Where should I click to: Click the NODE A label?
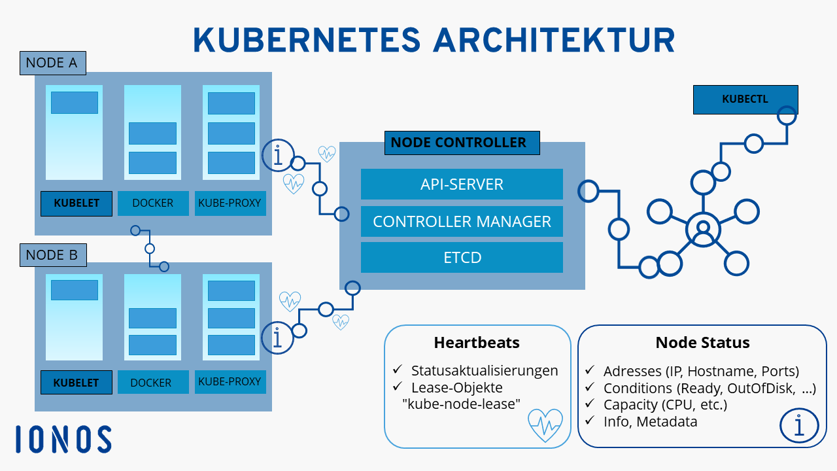(x=53, y=63)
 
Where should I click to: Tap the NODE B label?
(x=53, y=255)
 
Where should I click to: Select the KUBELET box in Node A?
(x=77, y=203)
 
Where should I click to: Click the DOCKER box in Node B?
(x=153, y=382)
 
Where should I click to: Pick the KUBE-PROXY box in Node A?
(x=230, y=203)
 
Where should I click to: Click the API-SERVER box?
(x=462, y=184)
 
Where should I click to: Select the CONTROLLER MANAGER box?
(x=462, y=221)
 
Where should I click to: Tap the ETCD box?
(x=462, y=258)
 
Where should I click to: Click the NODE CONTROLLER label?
(x=462, y=143)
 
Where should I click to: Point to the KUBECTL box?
(x=745, y=99)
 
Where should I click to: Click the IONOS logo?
(x=63, y=439)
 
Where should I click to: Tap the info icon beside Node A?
(x=278, y=156)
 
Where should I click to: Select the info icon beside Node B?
(x=277, y=338)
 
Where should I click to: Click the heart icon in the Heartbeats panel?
(x=545, y=425)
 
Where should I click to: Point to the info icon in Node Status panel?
(x=799, y=425)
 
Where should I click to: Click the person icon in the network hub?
(x=703, y=230)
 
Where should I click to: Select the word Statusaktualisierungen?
(x=485, y=371)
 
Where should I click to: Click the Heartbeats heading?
(x=477, y=342)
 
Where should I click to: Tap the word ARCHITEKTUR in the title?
(x=554, y=40)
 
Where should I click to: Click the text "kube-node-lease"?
(x=462, y=404)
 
